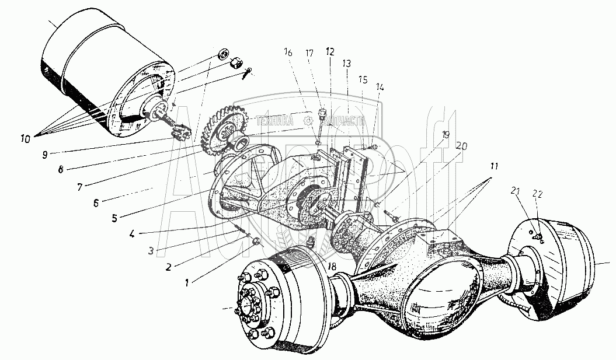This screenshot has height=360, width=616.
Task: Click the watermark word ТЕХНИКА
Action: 272,121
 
